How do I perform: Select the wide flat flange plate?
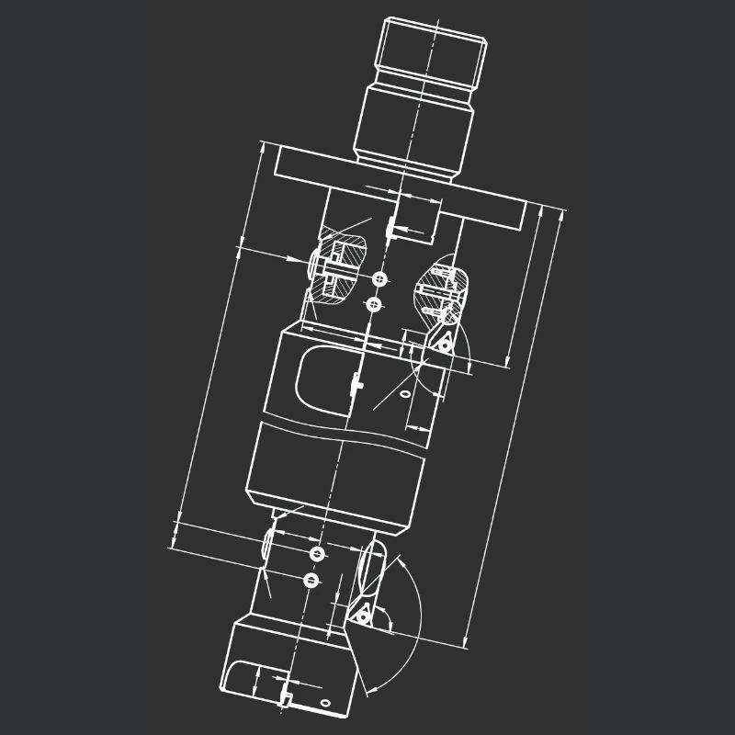coord(404,188)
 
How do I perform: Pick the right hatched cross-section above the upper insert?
coord(445,289)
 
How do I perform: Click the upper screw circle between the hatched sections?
coord(379,278)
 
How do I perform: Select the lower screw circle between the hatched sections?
coord(372,304)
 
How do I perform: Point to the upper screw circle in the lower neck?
coord(318,554)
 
